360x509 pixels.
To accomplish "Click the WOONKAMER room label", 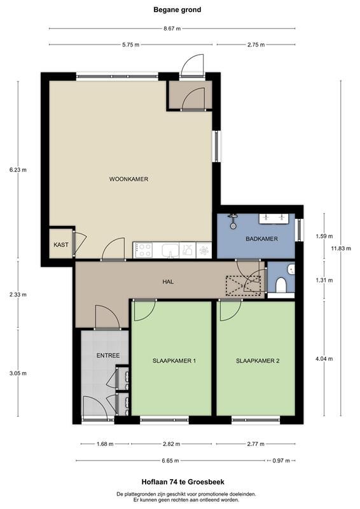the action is (128, 179).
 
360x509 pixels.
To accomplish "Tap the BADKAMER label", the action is (261, 239).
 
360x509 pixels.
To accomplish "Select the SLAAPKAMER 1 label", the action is (174, 361).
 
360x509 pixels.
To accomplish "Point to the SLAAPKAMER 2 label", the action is (258, 361).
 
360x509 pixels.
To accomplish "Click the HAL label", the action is (168, 282).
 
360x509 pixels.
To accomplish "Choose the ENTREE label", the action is (108, 356).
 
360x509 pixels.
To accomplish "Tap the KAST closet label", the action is (61, 245).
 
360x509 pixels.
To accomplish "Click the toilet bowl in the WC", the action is (280, 285).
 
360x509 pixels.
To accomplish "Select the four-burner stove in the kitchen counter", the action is (144, 250).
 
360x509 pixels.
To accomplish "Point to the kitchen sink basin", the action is (170, 251).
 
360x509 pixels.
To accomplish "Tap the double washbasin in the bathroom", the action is (273, 218).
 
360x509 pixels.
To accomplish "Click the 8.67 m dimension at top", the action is (172, 29).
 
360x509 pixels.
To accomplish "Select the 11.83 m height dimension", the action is (341, 249).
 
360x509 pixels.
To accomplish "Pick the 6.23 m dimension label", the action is (18, 170).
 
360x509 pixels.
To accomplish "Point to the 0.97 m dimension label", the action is (281, 461).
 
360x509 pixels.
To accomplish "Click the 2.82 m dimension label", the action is (171, 443).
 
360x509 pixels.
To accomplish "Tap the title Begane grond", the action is (177, 10).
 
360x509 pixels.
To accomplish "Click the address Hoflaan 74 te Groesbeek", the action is (183, 482).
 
